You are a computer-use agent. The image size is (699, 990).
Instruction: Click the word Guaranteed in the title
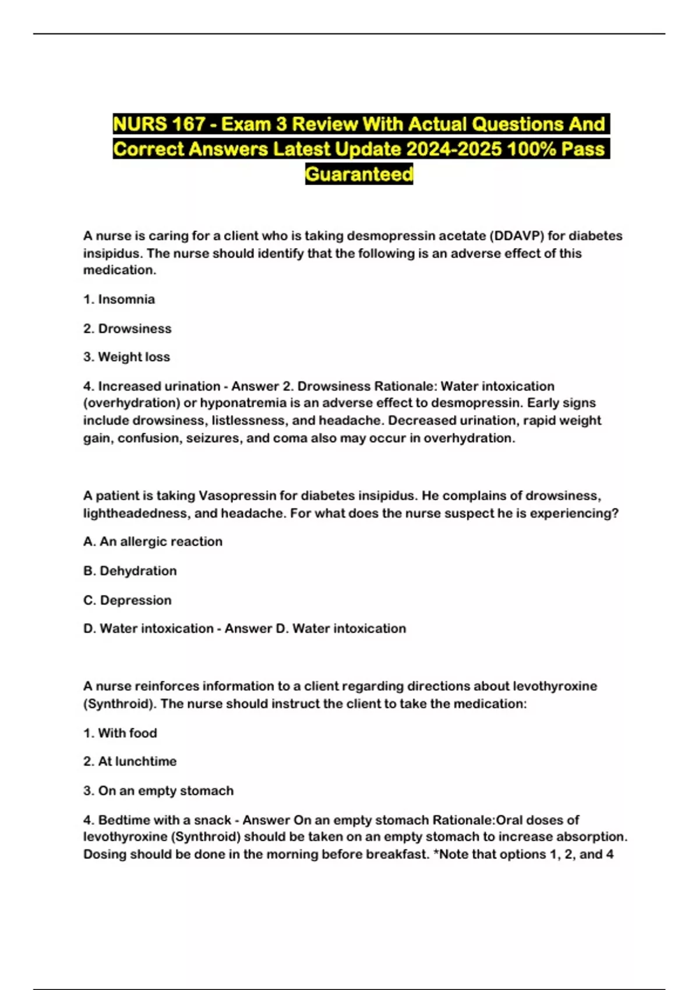point(359,174)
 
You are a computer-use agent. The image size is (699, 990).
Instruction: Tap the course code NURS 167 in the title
point(159,124)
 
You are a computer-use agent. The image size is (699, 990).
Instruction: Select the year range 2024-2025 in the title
point(454,149)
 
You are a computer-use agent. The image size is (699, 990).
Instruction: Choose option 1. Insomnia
point(119,299)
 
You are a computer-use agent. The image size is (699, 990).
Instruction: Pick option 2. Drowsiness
point(127,328)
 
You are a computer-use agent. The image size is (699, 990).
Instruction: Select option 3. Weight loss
point(126,357)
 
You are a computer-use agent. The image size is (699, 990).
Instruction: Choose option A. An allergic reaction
point(153,542)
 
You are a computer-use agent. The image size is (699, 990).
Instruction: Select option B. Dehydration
point(130,571)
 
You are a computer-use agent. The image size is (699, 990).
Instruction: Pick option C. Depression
point(127,600)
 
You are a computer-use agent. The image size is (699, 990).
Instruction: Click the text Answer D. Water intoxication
point(315,628)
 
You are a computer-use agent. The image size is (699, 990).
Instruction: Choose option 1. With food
point(120,733)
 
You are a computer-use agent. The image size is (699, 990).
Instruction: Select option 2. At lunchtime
point(130,761)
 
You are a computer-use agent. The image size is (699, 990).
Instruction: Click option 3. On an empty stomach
point(158,790)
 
